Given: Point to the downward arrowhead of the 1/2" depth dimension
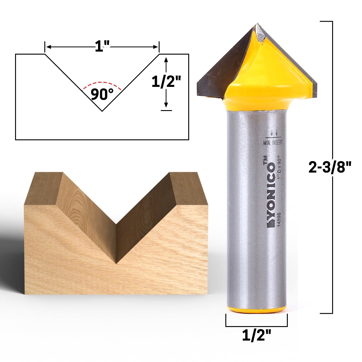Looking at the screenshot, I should [x=166, y=105].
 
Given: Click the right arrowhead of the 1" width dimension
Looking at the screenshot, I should [x=156, y=47].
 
